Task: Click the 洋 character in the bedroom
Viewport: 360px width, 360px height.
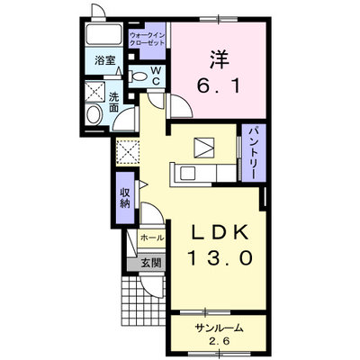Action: click(x=220, y=59)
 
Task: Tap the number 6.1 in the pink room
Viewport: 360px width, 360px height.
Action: click(x=219, y=86)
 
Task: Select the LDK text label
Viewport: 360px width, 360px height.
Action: click(x=220, y=231)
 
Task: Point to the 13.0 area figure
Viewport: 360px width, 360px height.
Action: click(x=220, y=258)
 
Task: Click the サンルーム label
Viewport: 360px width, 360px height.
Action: click(x=219, y=328)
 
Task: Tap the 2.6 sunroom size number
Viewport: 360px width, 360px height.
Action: click(x=218, y=341)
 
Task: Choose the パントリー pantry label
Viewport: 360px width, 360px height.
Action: click(x=254, y=153)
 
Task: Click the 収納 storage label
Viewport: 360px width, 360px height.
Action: click(x=125, y=198)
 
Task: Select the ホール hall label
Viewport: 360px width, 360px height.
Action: click(x=152, y=238)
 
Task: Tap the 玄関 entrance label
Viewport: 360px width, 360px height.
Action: click(x=151, y=263)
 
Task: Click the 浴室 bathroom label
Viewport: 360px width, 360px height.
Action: click(x=105, y=60)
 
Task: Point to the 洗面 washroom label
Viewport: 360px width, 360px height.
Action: click(x=113, y=103)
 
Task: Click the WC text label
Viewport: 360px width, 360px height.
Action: click(x=156, y=76)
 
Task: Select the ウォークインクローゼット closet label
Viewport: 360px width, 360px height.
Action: click(x=147, y=40)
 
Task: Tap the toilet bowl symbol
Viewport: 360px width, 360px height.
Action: click(x=138, y=76)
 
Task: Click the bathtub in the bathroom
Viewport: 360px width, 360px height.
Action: click(x=103, y=35)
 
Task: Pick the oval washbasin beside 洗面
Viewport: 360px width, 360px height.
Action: click(x=94, y=115)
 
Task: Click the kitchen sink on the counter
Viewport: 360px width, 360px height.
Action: click(x=188, y=174)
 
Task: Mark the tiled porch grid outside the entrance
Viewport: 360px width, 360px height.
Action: click(x=143, y=301)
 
